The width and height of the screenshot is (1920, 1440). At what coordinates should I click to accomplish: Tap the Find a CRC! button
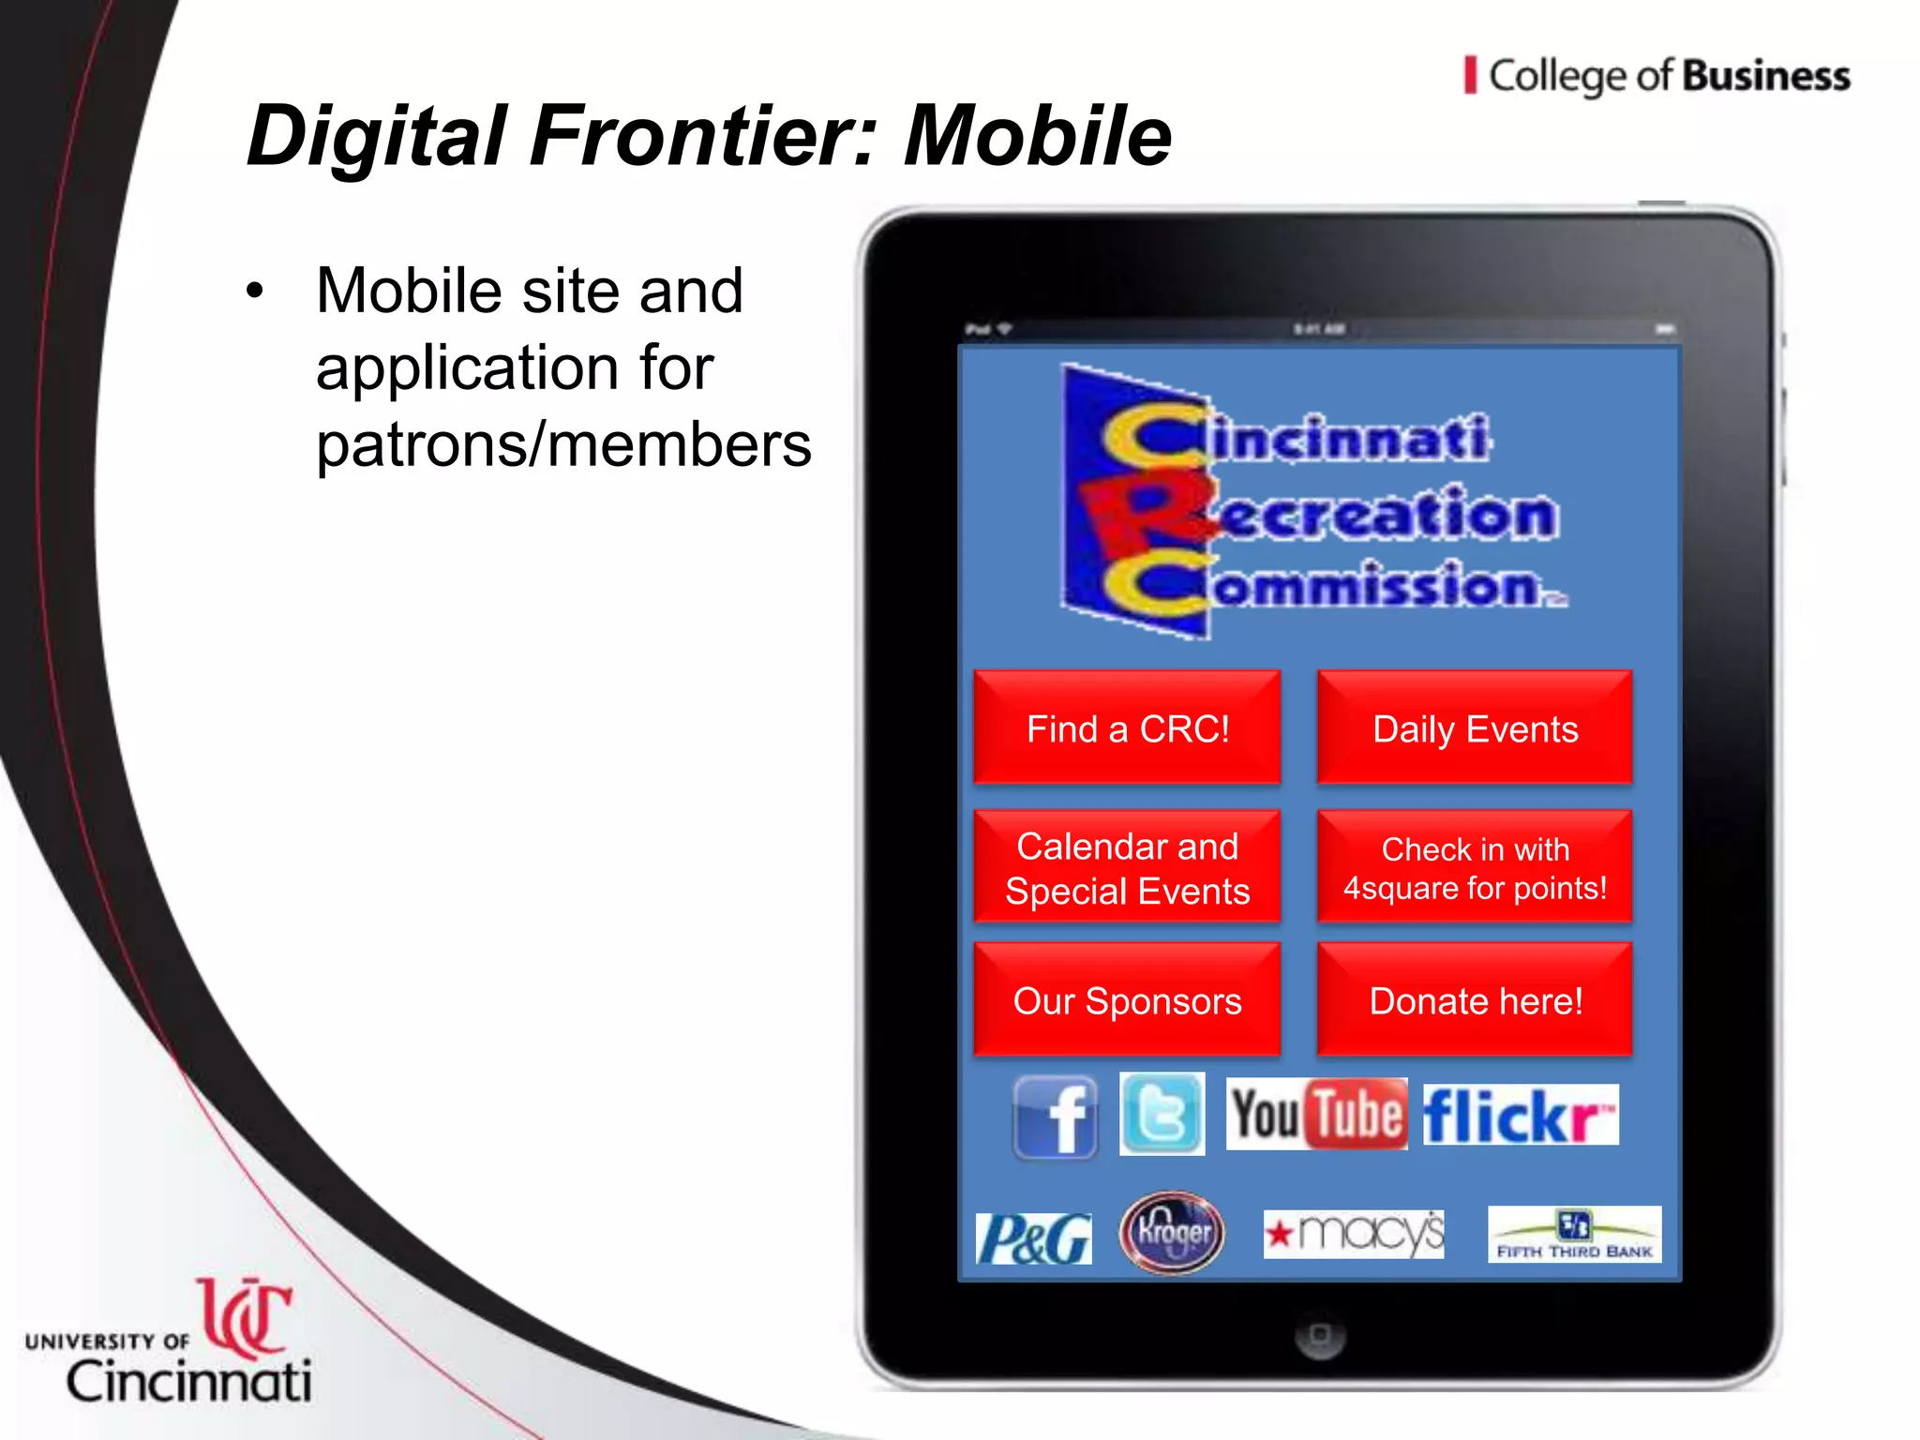(1127, 727)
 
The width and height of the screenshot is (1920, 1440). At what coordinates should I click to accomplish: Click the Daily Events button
(1475, 727)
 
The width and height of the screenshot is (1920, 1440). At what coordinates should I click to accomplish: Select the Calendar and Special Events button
(1127, 867)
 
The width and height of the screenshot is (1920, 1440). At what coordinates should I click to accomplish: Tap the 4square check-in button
(1475, 867)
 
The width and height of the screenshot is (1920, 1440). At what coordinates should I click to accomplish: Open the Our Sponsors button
(1127, 1000)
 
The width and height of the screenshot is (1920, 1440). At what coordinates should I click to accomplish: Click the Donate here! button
(1475, 1000)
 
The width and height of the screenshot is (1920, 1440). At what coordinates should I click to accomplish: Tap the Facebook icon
(1056, 1117)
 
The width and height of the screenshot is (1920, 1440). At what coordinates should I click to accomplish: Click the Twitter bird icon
(1162, 1114)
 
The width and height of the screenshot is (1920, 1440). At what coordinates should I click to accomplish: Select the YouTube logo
(1316, 1114)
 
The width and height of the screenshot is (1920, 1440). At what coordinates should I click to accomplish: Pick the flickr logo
(1520, 1115)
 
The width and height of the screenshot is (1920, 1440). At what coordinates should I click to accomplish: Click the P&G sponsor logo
(1033, 1238)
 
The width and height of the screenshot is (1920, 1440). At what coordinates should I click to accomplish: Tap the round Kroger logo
(1172, 1233)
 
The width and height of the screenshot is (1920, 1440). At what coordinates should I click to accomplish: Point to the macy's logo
(1354, 1234)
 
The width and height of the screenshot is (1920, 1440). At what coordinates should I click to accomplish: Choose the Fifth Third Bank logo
(1574, 1234)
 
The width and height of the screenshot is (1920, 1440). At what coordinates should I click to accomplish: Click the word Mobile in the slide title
(1037, 136)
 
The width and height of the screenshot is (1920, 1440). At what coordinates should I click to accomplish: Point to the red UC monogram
(246, 1316)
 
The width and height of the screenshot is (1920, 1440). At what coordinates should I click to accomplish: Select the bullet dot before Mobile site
(255, 291)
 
